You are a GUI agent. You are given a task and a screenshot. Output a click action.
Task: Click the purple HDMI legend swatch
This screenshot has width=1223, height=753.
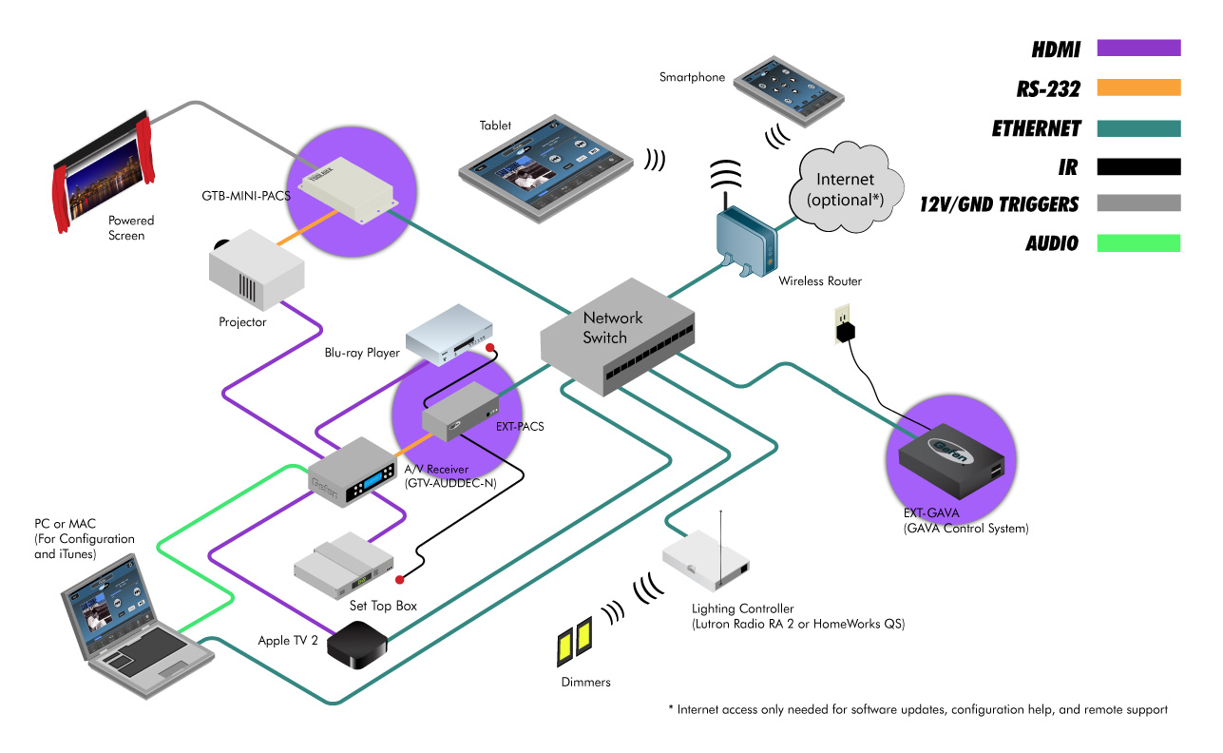pyautogui.click(x=1137, y=48)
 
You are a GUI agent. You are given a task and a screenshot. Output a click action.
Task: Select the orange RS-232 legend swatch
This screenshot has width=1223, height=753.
pyautogui.click(x=1137, y=87)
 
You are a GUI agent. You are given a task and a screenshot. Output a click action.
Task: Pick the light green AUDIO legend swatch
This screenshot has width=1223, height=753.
pyautogui.click(x=1137, y=242)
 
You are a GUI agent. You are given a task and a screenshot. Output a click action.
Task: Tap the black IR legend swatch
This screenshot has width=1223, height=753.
pyautogui.click(x=1137, y=166)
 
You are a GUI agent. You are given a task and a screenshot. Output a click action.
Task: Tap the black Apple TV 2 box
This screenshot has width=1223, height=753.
pyautogui.click(x=356, y=647)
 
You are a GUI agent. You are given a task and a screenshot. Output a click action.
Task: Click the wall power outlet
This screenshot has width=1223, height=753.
pyautogui.click(x=842, y=323)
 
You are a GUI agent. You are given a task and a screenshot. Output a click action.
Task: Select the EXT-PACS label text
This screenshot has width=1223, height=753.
pyautogui.click(x=520, y=427)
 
